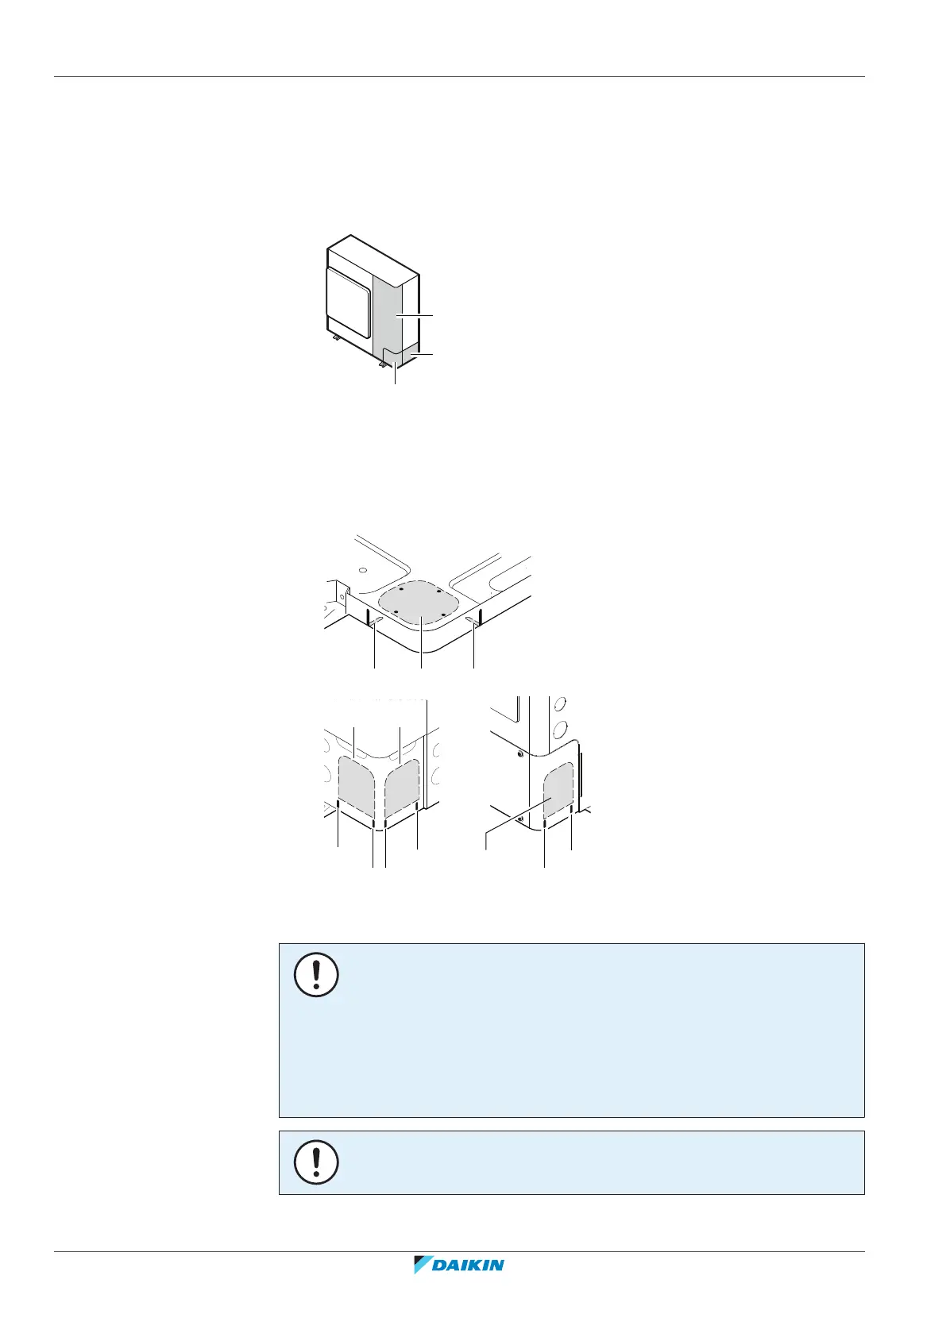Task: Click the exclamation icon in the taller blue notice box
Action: [316, 975]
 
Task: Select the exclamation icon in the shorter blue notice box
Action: [316, 1162]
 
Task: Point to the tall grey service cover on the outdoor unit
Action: [395, 310]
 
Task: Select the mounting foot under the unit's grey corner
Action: [383, 364]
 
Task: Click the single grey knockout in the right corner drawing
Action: [558, 790]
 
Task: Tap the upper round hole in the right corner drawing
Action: [559, 704]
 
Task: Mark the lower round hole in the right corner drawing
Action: [559, 728]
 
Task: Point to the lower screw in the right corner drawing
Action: [518, 818]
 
